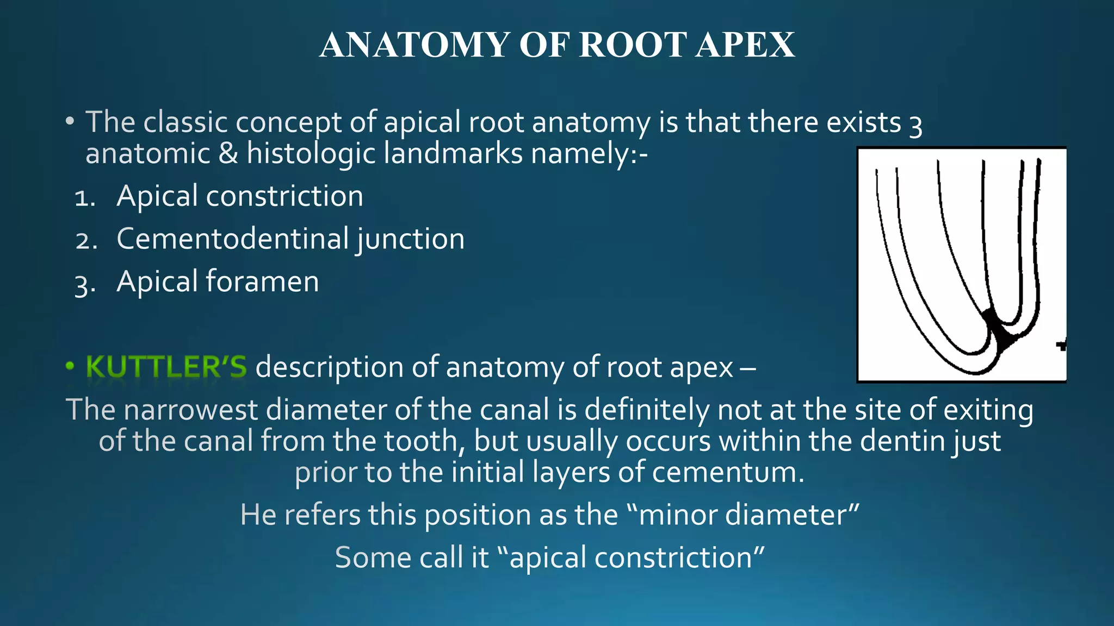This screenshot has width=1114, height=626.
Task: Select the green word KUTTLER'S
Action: [x=166, y=367]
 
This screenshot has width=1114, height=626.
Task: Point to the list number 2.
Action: [x=86, y=241]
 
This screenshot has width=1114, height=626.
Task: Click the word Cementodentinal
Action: [x=233, y=239]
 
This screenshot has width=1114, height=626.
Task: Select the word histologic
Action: [x=311, y=154]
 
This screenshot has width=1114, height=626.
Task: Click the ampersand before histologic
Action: [x=228, y=154]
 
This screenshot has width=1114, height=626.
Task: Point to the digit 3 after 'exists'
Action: [x=915, y=124]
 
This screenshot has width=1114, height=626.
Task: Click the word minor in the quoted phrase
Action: [x=678, y=514]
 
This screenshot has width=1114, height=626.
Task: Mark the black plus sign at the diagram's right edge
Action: [x=1061, y=345]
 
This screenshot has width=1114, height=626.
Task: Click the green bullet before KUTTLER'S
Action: [x=70, y=366]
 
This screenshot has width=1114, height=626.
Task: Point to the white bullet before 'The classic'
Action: [x=70, y=122]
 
